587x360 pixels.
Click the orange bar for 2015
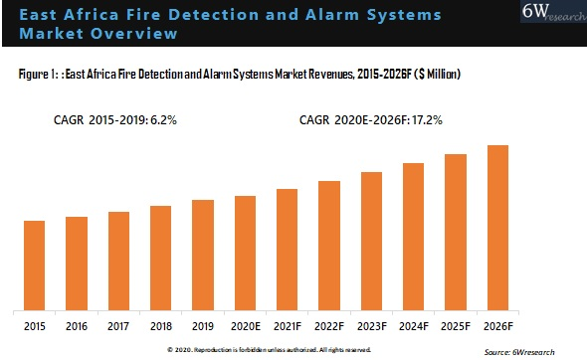(34, 265)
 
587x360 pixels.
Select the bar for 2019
(203, 254)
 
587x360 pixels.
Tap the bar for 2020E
(245, 252)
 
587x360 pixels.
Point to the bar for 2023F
(371, 240)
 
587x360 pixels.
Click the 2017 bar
(118, 260)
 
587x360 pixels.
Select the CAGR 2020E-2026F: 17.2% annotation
(371, 119)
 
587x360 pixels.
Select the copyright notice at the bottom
(269, 350)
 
